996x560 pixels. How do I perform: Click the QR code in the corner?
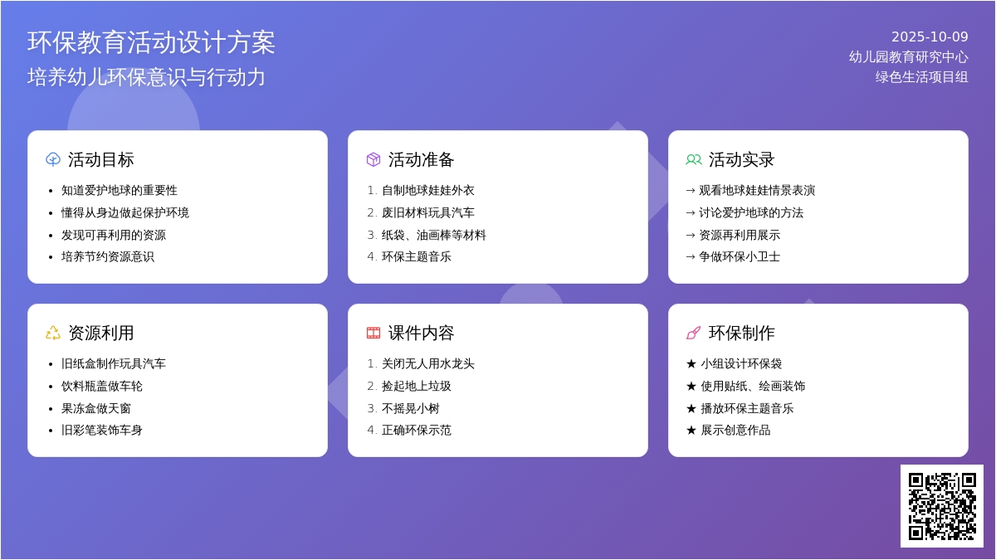click(942, 506)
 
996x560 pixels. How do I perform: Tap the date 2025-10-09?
click(930, 37)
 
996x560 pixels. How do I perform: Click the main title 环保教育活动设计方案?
click(151, 42)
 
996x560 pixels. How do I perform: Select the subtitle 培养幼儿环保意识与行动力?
click(146, 77)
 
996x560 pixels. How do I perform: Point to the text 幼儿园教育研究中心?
click(908, 57)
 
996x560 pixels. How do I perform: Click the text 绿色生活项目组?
click(922, 77)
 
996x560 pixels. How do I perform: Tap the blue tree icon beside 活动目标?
click(53, 159)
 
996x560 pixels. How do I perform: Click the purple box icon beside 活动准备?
click(373, 159)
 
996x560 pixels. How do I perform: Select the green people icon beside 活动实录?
click(694, 159)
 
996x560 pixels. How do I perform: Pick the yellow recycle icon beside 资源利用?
click(53, 333)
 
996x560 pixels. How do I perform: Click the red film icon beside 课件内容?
click(373, 333)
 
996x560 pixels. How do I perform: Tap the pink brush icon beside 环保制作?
click(694, 333)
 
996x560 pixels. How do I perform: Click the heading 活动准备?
click(421, 159)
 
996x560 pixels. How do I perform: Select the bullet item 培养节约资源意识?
click(108, 257)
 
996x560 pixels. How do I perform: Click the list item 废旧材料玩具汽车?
click(428, 212)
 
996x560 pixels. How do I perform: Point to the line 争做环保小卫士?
click(740, 257)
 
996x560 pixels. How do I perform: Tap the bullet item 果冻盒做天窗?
click(96, 408)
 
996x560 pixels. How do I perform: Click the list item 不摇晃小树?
click(410, 408)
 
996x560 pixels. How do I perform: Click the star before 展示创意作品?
click(691, 431)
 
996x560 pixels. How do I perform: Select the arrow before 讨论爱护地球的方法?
click(691, 213)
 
